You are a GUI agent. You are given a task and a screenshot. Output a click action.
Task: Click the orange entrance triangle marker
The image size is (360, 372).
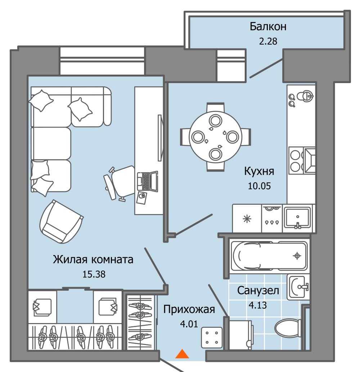(x=182, y=354)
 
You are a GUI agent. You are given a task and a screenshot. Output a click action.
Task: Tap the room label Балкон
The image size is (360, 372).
(x=268, y=27)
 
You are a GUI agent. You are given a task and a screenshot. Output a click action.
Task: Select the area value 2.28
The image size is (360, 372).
(x=268, y=41)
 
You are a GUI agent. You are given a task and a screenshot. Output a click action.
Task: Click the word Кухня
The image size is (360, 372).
(x=259, y=171)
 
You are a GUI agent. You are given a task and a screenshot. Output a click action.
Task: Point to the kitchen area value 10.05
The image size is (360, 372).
(x=259, y=186)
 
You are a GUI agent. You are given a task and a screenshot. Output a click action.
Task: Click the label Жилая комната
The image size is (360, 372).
(x=93, y=259)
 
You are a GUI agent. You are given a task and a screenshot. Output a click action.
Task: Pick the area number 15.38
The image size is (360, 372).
(x=94, y=274)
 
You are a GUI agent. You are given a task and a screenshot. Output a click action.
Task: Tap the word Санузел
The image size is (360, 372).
(x=258, y=290)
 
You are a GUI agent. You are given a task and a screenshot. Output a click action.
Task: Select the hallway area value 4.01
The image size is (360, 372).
(x=189, y=324)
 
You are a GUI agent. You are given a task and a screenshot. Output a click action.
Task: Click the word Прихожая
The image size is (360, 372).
(x=189, y=309)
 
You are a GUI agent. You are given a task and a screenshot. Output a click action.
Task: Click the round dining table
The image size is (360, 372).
(x=215, y=137)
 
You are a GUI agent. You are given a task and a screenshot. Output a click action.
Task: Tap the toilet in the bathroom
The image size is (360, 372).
(x=288, y=329)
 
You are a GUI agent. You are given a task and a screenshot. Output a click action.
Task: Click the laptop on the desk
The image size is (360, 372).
(x=148, y=181)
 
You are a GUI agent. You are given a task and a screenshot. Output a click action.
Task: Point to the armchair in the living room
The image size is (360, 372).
(x=61, y=222)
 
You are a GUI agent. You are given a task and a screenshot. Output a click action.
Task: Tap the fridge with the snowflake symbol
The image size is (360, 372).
(x=247, y=218)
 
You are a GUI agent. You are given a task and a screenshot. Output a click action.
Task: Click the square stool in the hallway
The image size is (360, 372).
(x=212, y=337)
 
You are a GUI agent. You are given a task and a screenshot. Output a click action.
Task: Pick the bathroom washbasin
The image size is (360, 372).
(x=298, y=287)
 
